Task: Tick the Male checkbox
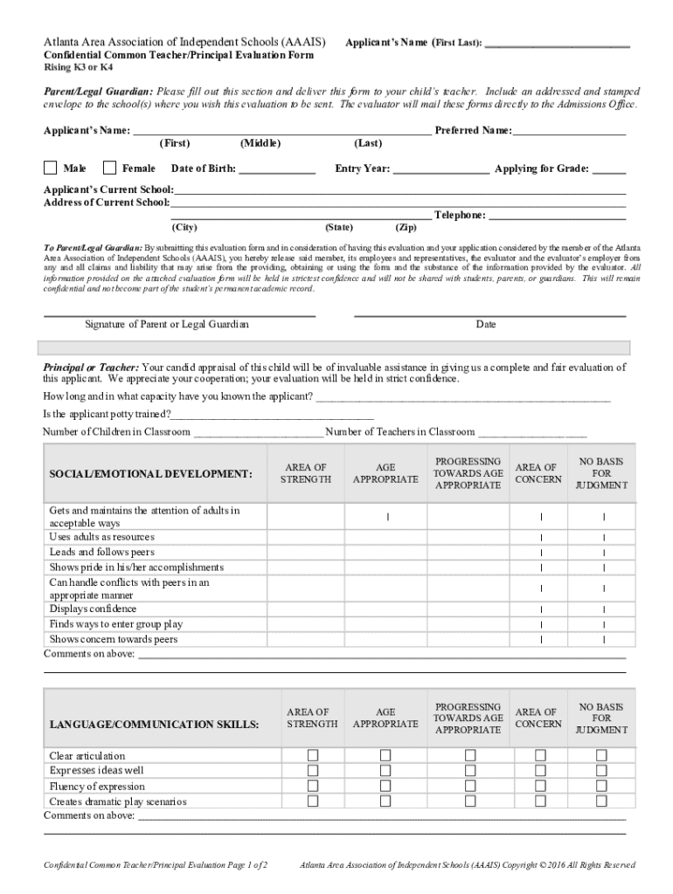tap(51, 168)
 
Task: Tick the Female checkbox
tap(109, 168)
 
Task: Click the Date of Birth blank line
tap(276, 169)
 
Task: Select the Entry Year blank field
tap(441, 169)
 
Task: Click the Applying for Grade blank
tap(609, 169)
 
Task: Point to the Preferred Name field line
tap(570, 132)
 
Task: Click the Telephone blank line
tap(558, 216)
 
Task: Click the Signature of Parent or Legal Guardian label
tap(166, 324)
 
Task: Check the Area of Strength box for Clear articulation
tap(312, 755)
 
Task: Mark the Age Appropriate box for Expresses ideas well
tap(385, 771)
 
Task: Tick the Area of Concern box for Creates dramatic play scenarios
tap(540, 801)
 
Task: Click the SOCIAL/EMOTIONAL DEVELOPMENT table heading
tap(150, 473)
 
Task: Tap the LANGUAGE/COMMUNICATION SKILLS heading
tap(154, 725)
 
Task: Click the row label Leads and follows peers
tap(101, 553)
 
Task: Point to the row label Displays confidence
tap(93, 609)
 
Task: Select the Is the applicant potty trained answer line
tap(273, 415)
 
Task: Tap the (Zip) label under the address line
tap(407, 227)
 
